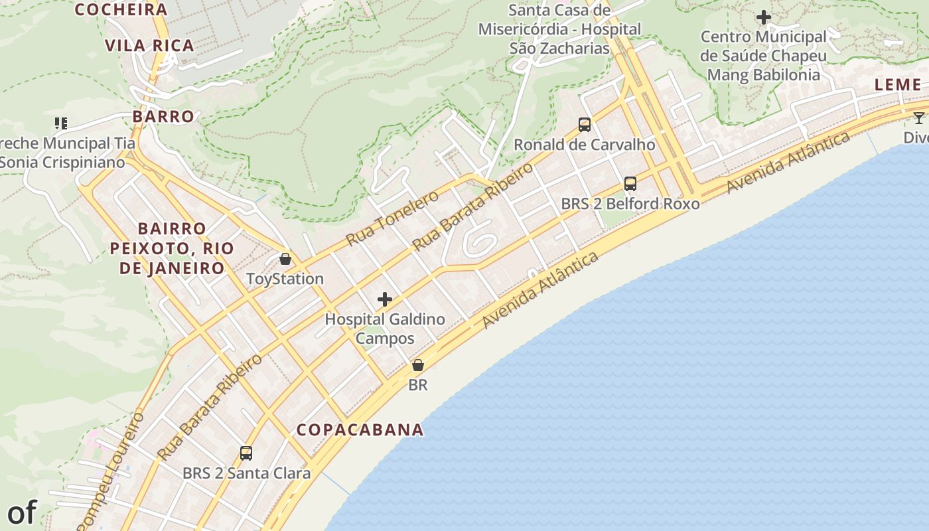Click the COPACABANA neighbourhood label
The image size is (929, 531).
click(360, 429)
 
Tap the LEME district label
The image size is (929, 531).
click(898, 85)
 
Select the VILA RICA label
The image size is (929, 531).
click(150, 46)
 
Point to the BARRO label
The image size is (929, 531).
click(163, 117)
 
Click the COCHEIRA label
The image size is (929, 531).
click(121, 9)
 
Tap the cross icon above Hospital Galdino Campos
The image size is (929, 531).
click(385, 299)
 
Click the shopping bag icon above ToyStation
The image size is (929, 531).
click(285, 259)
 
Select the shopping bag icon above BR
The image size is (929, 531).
click(418, 365)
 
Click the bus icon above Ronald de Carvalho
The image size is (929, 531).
click(585, 124)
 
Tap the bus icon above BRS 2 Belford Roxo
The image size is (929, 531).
click(630, 184)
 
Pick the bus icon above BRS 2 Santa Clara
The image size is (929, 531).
click(246, 453)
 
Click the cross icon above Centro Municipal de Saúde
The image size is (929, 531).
click(764, 17)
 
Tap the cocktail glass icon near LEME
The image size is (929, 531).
click(918, 118)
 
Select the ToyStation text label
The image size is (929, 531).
click(285, 279)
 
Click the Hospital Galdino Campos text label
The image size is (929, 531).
click(385, 329)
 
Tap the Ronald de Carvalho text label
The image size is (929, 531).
click(585, 145)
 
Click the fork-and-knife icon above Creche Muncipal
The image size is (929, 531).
click(61, 123)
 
